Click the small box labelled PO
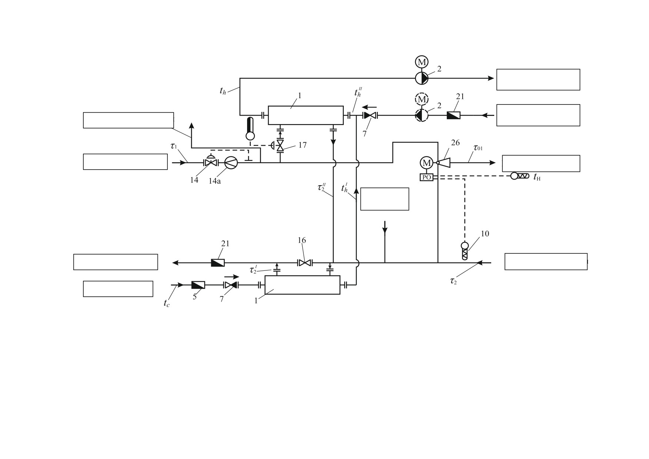coord(426,177)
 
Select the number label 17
coord(303,145)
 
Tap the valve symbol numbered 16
coord(305,263)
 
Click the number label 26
coord(455,143)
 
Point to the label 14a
coord(214,181)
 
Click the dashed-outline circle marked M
coord(422,99)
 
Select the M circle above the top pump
coord(422,62)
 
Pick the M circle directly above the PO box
coord(426,163)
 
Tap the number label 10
coord(485,234)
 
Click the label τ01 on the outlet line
coord(478,148)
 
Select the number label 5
coord(194,297)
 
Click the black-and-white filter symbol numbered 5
coord(198,285)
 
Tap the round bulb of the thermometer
coord(250,136)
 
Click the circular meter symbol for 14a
coord(231,163)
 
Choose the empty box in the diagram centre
coord(385,199)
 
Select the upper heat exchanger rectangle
coord(306,115)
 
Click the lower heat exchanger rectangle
coord(302,285)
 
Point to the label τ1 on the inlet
coord(174,146)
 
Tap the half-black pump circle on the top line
coord(422,78)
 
